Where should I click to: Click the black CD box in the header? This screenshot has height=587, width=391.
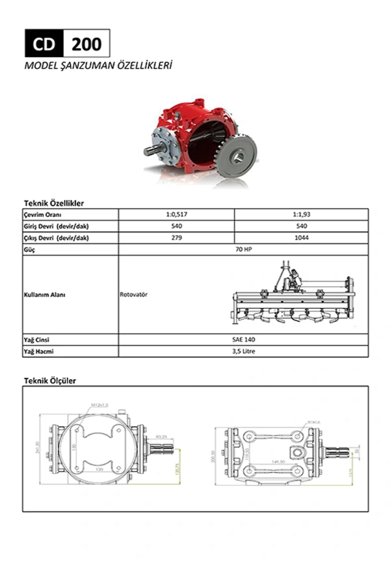44,44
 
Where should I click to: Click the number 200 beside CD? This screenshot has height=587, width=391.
86,44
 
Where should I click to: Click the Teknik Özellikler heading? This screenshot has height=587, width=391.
54,203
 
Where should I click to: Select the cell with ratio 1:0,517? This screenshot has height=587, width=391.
176,215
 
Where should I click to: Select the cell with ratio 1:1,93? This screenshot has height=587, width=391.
301,215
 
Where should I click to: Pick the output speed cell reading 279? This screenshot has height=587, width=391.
176,238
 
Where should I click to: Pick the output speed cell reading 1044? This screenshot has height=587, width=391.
301,238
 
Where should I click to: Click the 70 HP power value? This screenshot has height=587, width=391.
243,249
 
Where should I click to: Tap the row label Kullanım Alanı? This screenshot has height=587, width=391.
45,294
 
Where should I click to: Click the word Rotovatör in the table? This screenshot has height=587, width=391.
134,294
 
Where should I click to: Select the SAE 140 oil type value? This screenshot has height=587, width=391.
243,339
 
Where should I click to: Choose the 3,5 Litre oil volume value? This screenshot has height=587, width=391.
243,351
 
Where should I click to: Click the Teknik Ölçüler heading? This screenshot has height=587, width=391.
50,381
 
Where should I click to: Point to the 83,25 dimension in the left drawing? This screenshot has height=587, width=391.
162,436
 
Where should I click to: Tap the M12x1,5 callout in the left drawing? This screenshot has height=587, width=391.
100,405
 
